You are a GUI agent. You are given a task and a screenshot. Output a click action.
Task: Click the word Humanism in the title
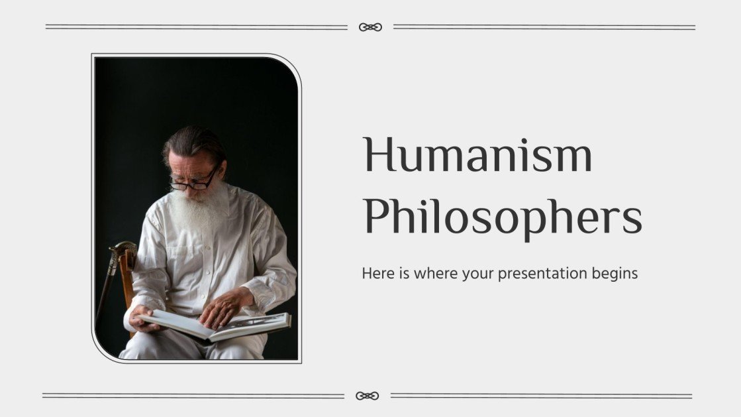pyautogui.click(x=477, y=156)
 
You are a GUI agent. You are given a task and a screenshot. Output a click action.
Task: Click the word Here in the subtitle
pyautogui.click(x=375, y=272)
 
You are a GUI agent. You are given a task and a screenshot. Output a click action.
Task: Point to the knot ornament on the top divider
pyautogui.click(x=370, y=27)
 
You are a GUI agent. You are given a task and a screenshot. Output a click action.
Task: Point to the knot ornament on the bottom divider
pyautogui.click(x=368, y=396)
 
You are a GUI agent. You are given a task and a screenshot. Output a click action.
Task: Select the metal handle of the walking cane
pyautogui.click(x=122, y=252)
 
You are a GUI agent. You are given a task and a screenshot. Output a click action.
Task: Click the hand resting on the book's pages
pyautogui.click(x=225, y=307)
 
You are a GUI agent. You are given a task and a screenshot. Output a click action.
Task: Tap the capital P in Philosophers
pyautogui.click(x=375, y=217)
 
